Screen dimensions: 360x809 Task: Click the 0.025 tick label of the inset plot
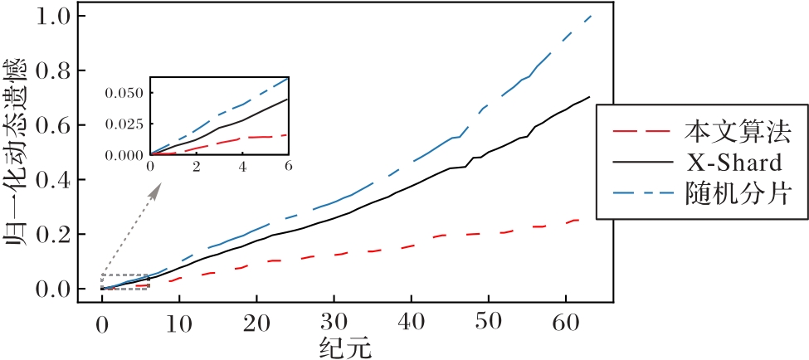(125, 123)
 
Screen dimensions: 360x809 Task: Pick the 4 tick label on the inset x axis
(242, 166)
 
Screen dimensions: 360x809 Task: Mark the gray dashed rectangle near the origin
(125, 281)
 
